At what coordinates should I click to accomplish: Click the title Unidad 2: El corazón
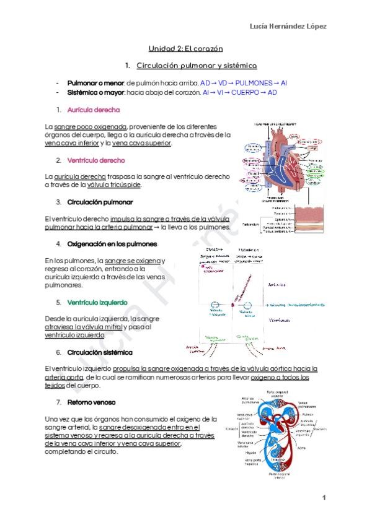[185, 48]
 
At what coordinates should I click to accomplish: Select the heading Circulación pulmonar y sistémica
[197, 65]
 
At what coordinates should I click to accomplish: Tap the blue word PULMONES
[254, 82]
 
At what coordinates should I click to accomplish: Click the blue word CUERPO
[246, 92]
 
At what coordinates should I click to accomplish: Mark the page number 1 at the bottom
[324, 498]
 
